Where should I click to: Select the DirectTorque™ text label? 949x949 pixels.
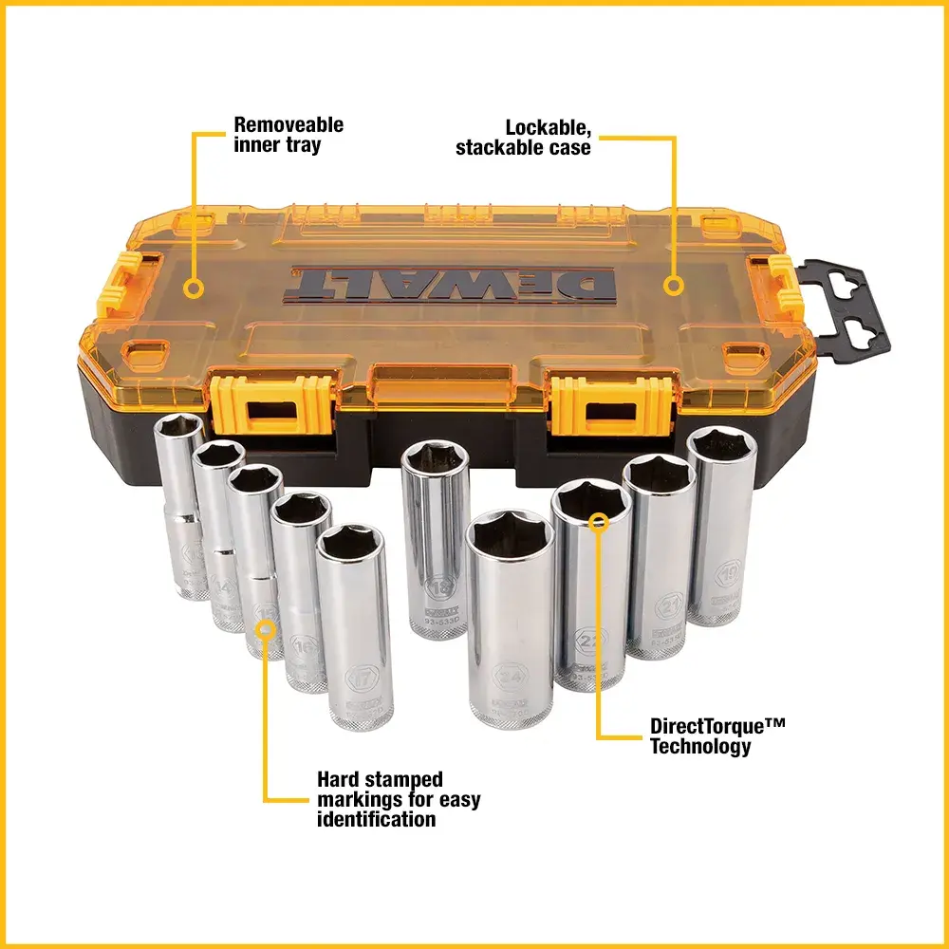click(x=717, y=726)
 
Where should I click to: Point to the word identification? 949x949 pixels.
click(x=376, y=819)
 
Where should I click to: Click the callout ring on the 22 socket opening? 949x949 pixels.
click(x=597, y=520)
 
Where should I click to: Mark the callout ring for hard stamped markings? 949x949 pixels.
click(x=266, y=627)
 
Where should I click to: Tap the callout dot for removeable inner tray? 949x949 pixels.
click(x=195, y=286)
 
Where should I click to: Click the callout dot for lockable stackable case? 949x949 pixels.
click(x=674, y=285)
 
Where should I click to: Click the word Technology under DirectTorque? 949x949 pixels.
click(x=700, y=747)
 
